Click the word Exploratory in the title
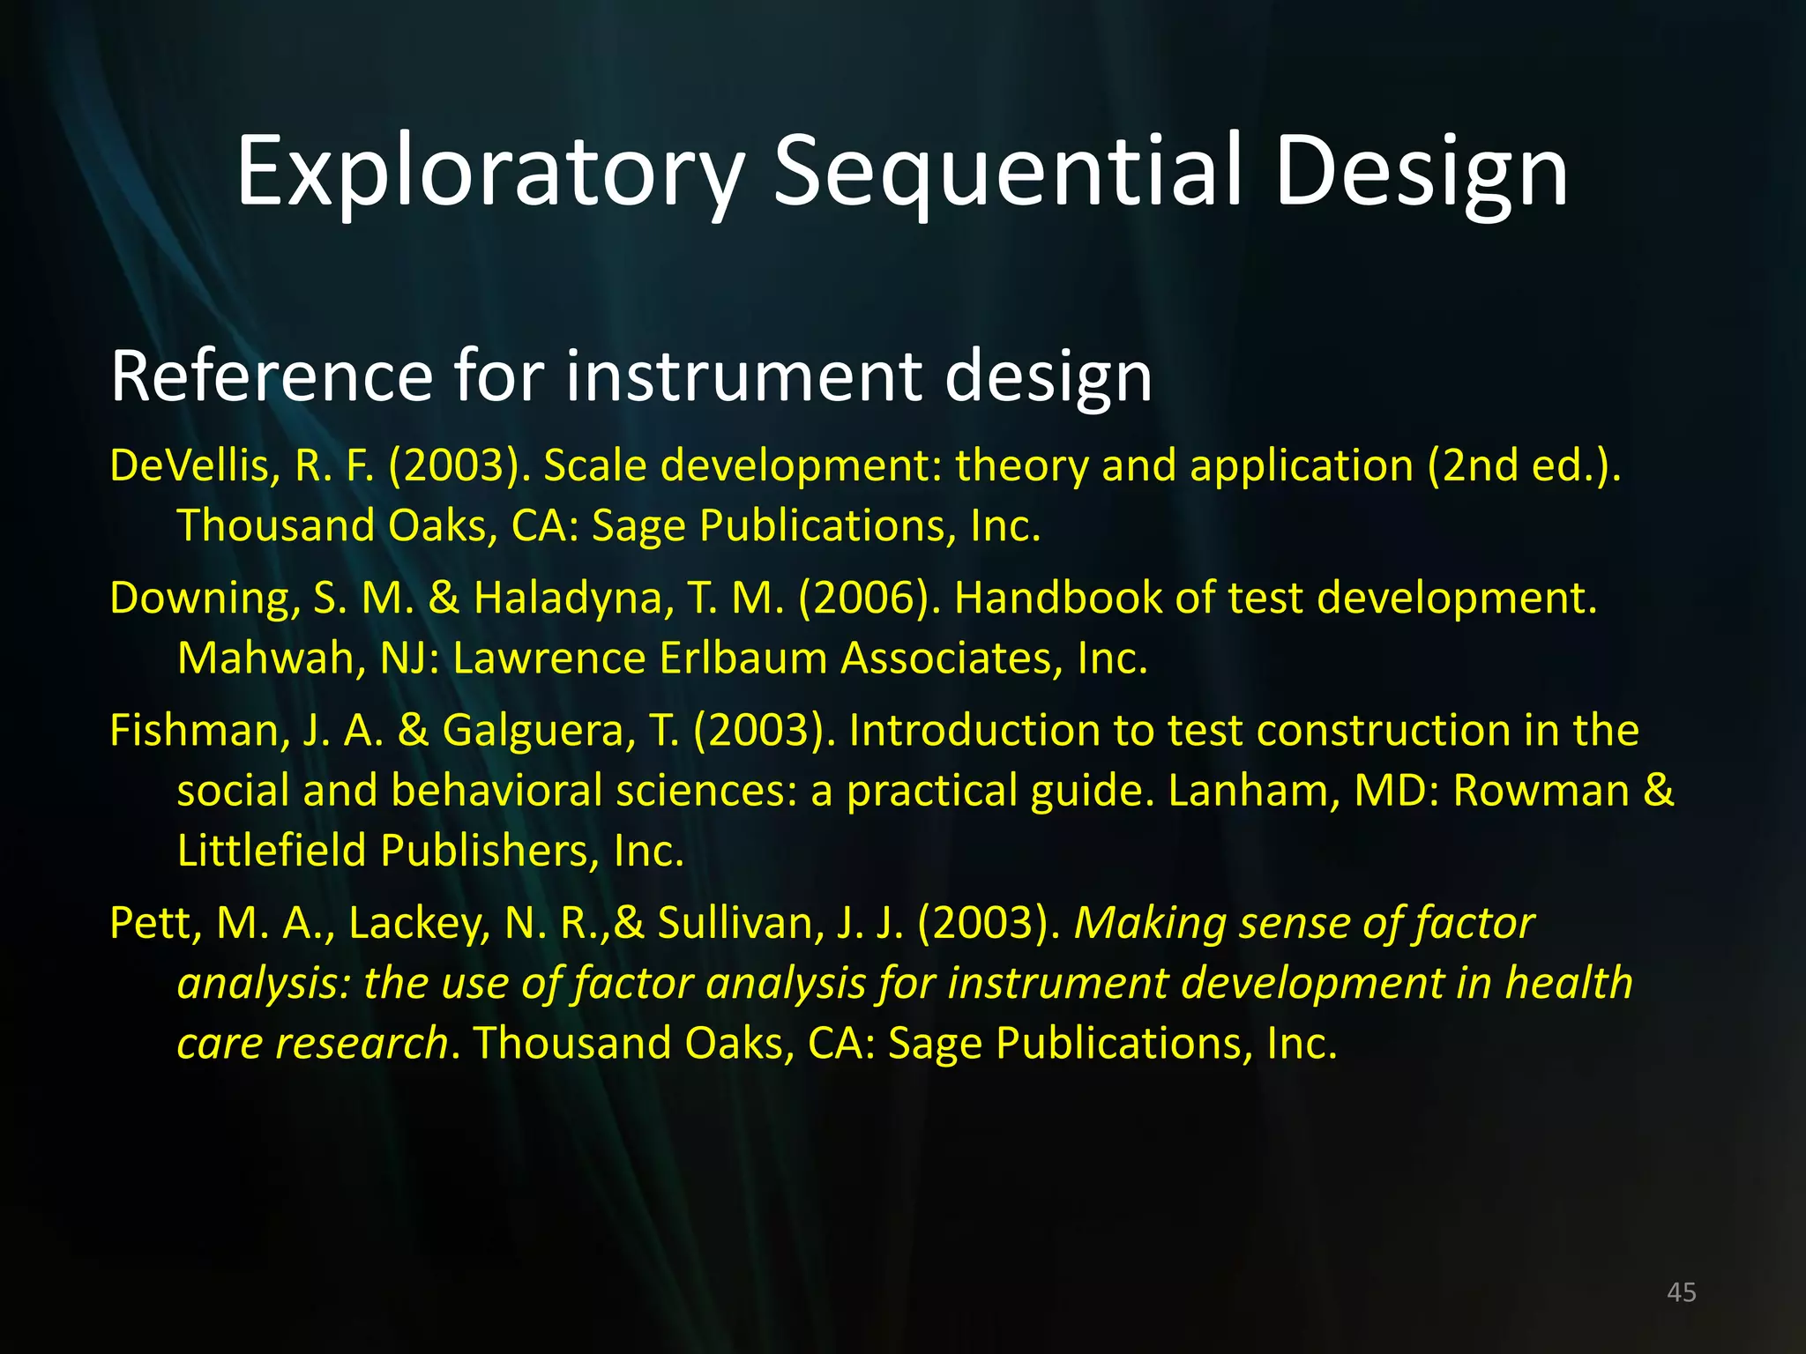[490, 173]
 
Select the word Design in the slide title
[1421, 173]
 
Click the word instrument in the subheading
[742, 376]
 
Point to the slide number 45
[1682, 1292]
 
